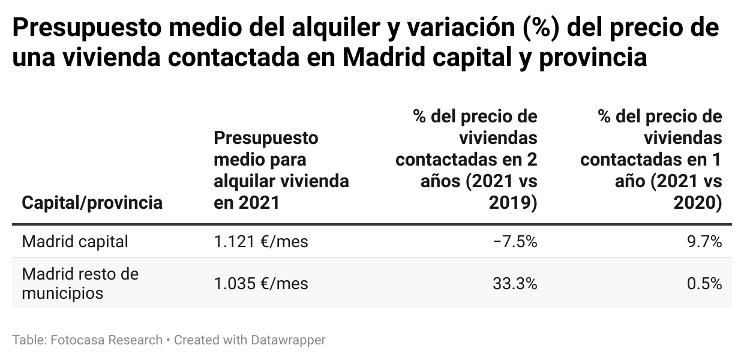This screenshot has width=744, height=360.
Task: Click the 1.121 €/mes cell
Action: click(261, 242)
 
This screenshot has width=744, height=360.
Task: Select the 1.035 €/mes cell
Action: click(261, 284)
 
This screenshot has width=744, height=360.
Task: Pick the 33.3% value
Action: click(515, 284)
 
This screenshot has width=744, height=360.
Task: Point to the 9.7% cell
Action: click(704, 242)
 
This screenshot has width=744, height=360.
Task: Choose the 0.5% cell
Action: click(704, 284)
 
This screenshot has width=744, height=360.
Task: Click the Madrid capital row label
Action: click(75, 242)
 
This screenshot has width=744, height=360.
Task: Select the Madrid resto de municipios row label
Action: click(80, 284)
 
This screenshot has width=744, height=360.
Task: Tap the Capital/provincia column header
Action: click(92, 203)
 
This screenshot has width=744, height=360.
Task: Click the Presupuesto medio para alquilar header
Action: click(281, 170)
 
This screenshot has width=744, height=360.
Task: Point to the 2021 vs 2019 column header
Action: click(466, 160)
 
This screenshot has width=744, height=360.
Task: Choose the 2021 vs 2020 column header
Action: click(651, 160)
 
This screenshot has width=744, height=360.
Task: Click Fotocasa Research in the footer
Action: click(107, 340)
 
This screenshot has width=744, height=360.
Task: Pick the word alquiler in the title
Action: click(325, 28)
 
